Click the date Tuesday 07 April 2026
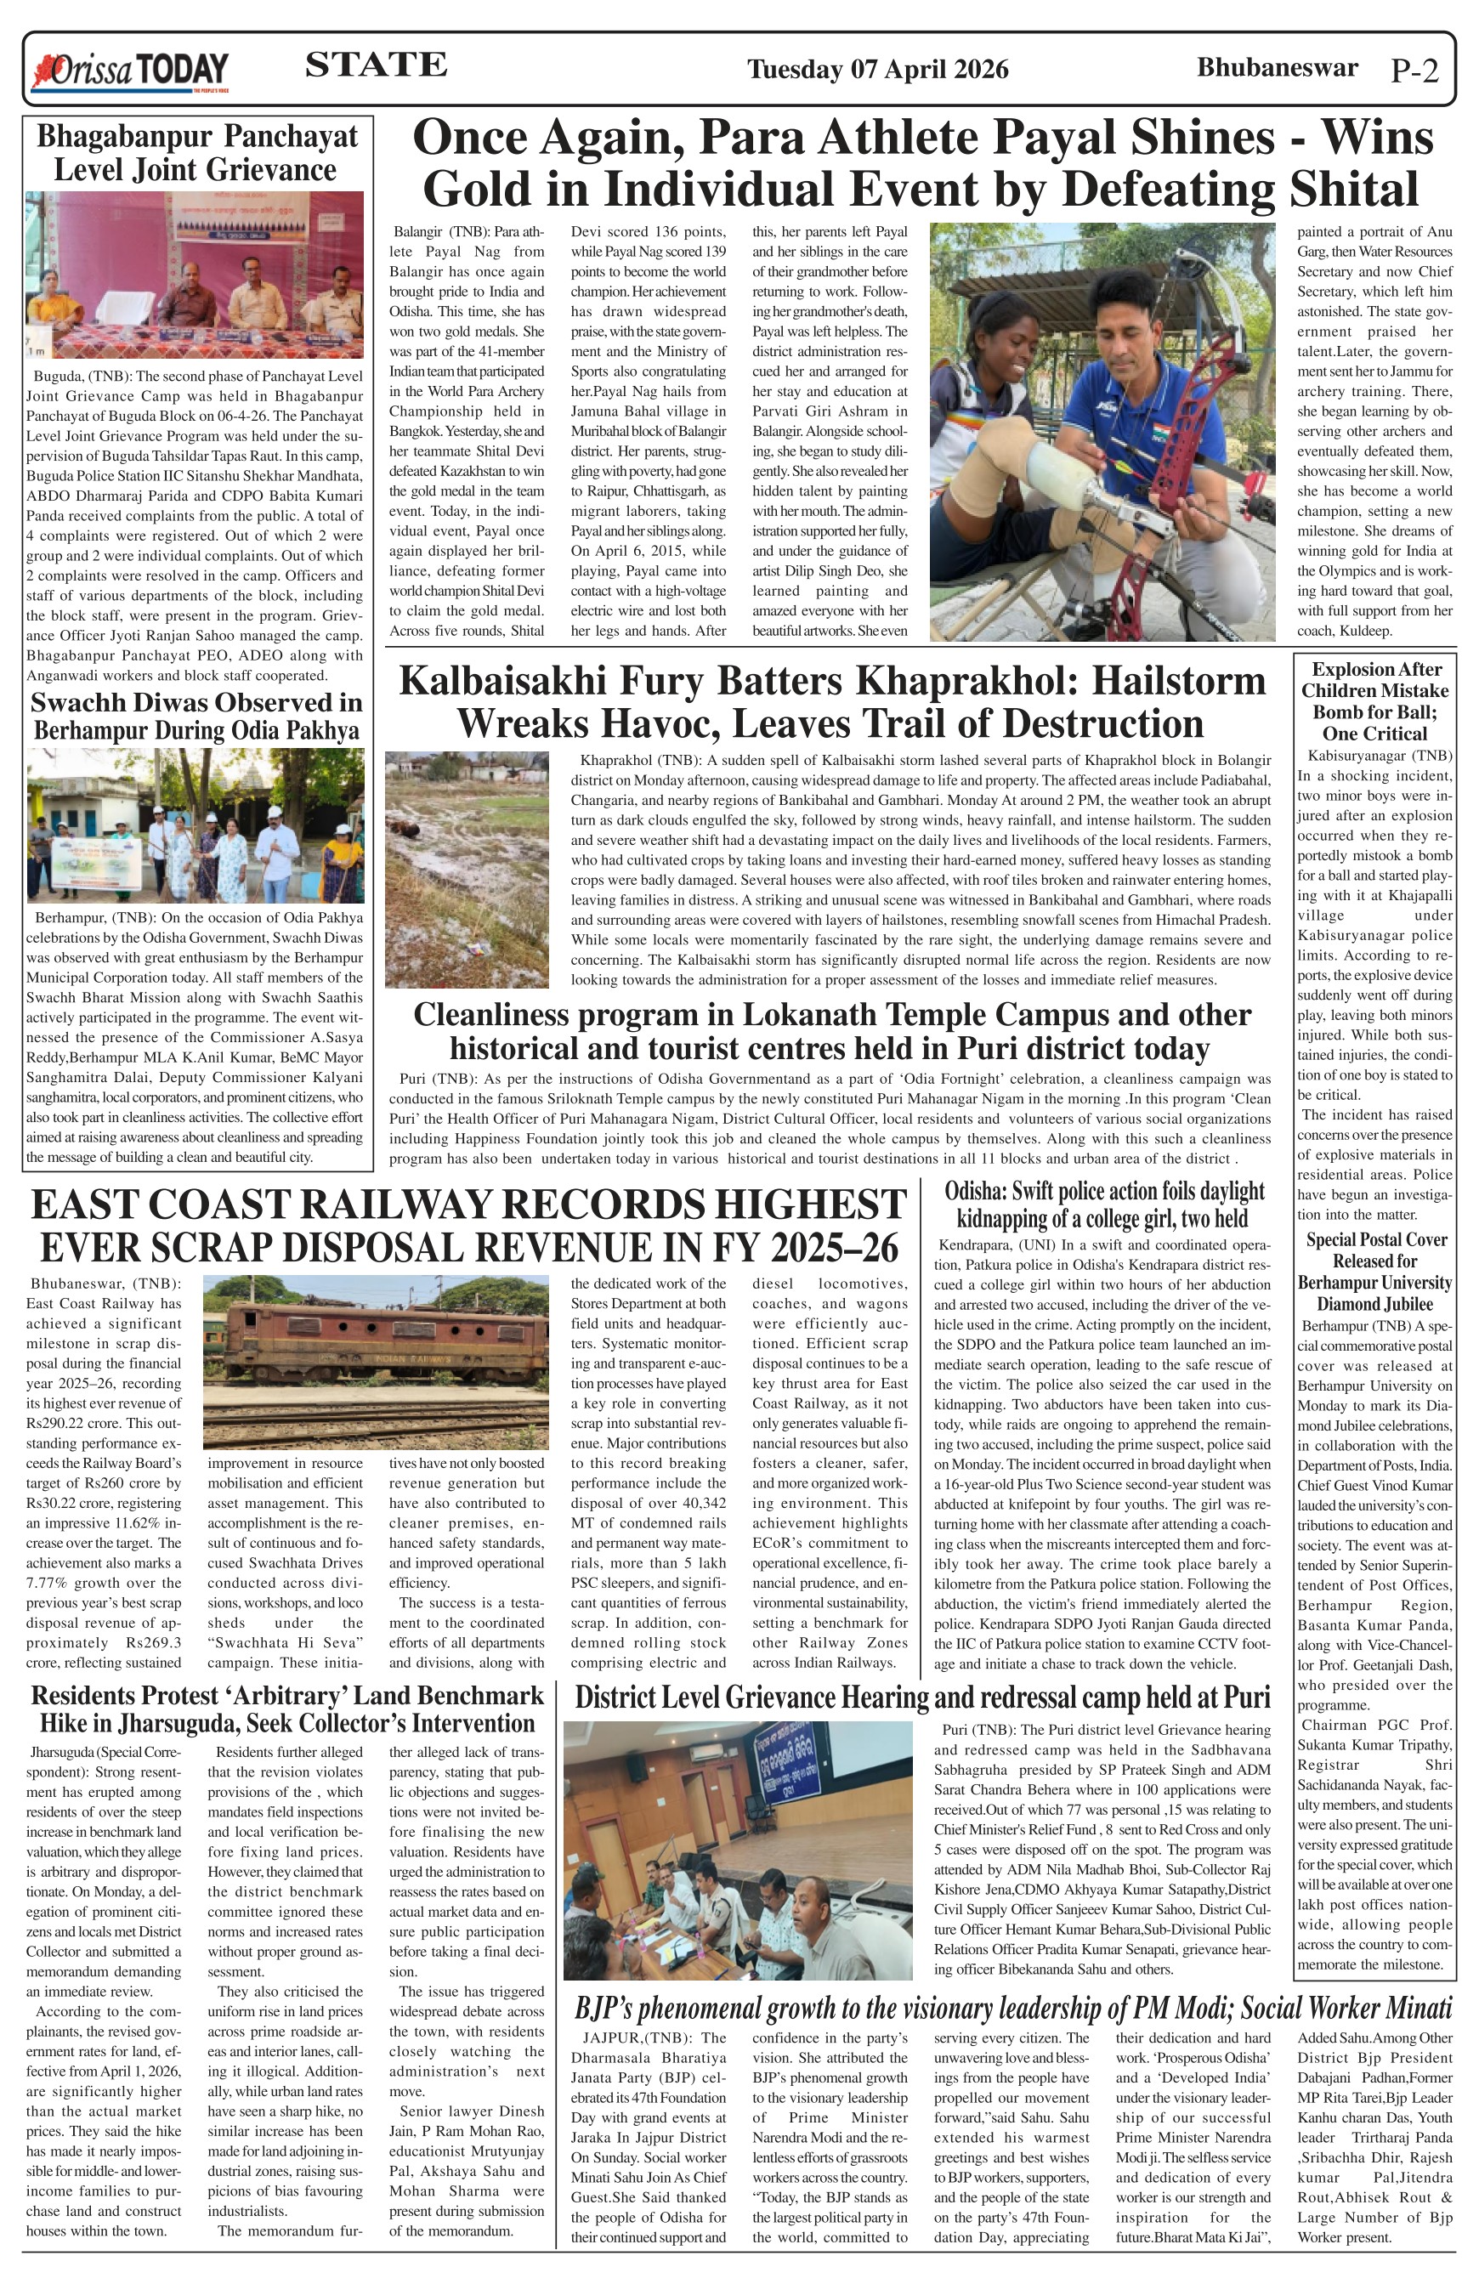click(x=877, y=69)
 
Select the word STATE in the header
click(x=375, y=65)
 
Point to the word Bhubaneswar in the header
click(x=1277, y=67)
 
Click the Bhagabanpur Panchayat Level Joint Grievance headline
click(x=195, y=153)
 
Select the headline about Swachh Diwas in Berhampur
click(x=195, y=716)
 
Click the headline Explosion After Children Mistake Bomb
click(x=1374, y=700)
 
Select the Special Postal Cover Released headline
click(x=1374, y=1272)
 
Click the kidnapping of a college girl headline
click(x=1104, y=1204)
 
